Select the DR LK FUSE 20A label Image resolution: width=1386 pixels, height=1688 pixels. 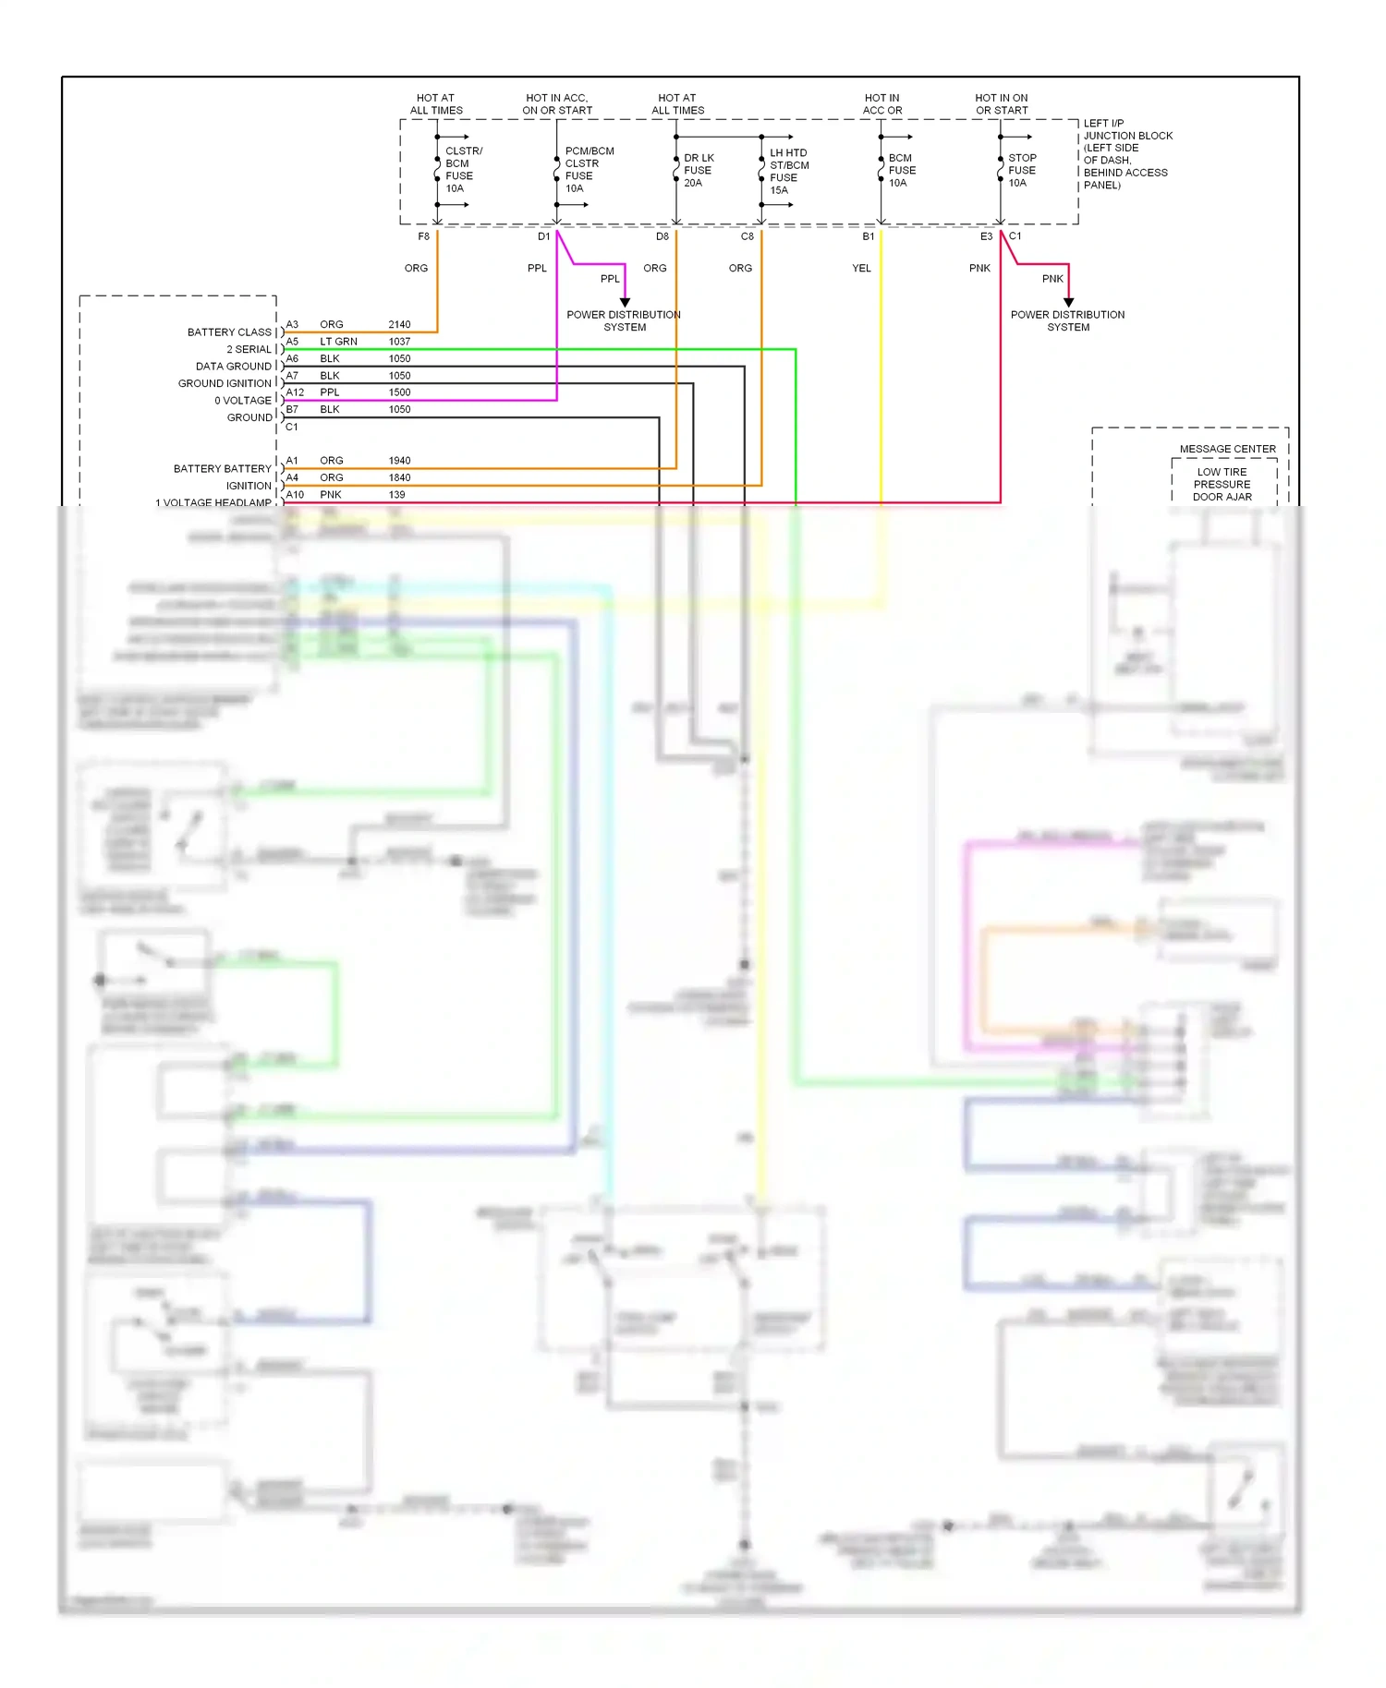coord(699,171)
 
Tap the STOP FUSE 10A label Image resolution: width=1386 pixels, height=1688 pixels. coord(1021,171)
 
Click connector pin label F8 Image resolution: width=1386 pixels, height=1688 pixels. coord(423,236)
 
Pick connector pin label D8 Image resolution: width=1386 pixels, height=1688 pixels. coord(663,236)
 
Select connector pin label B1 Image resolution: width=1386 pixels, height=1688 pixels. coord(869,236)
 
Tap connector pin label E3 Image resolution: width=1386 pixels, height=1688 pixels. coord(986,236)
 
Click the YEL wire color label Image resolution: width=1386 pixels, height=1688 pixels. coord(861,269)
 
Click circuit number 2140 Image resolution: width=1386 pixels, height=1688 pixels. coord(399,325)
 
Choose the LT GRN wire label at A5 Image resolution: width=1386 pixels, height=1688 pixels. coord(338,342)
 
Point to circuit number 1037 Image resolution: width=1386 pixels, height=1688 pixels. coord(399,342)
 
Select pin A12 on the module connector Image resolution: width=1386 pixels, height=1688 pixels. coord(295,392)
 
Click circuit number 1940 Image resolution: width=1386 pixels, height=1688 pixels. coord(399,461)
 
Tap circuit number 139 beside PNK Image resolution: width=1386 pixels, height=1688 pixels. coord(396,495)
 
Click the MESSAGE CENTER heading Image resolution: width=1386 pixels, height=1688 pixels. coord(1227,450)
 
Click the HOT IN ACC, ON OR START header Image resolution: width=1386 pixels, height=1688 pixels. coord(557,104)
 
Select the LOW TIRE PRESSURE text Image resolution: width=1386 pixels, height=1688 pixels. coord(1222,478)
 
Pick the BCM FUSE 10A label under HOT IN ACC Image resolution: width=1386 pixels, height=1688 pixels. coord(901,171)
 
